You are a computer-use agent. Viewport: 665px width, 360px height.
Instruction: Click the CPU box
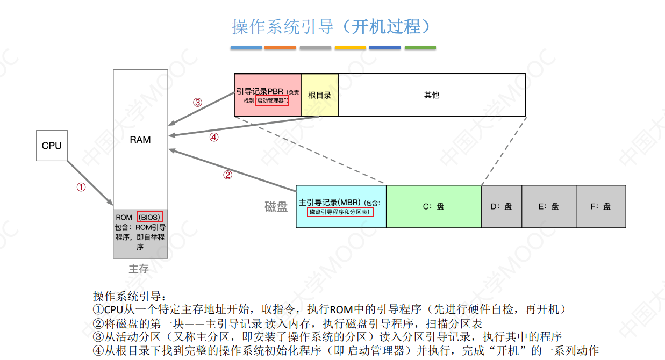[x=52, y=146]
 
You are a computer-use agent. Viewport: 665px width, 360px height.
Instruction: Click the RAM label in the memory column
[x=140, y=140]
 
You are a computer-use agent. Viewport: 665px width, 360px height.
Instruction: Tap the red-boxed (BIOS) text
[x=149, y=217]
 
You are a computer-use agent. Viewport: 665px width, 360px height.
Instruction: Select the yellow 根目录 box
[x=319, y=95]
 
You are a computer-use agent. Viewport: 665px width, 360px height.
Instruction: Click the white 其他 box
[x=432, y=95]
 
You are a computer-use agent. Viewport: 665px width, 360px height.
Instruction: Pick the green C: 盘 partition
[x=433, y=206]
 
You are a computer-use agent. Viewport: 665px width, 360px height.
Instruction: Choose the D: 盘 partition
[x=501, y=206]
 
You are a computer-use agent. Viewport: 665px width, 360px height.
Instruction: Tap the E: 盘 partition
[x=548, y=206]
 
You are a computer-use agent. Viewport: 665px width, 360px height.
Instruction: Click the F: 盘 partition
[x=600, y=206]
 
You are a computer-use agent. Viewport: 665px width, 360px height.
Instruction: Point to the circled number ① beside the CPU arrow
[x=81, y=188]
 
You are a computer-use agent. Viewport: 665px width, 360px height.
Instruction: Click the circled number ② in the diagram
[x=227, y=175]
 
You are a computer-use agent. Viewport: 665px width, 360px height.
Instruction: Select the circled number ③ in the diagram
[x=198, y=103]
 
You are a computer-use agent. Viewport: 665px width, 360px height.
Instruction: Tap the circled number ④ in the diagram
[x=214, y=137]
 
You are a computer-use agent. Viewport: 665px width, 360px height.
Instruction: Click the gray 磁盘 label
[x=276, y=206]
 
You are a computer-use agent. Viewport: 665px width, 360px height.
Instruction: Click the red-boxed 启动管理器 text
[x=271, y=100]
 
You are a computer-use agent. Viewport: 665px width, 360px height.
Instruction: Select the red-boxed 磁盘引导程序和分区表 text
[x=340, y=212]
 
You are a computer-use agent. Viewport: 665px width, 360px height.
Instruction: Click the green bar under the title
[x=420, y=48]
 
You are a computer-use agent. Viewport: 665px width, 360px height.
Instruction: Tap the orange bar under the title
[x=280, y=48]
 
